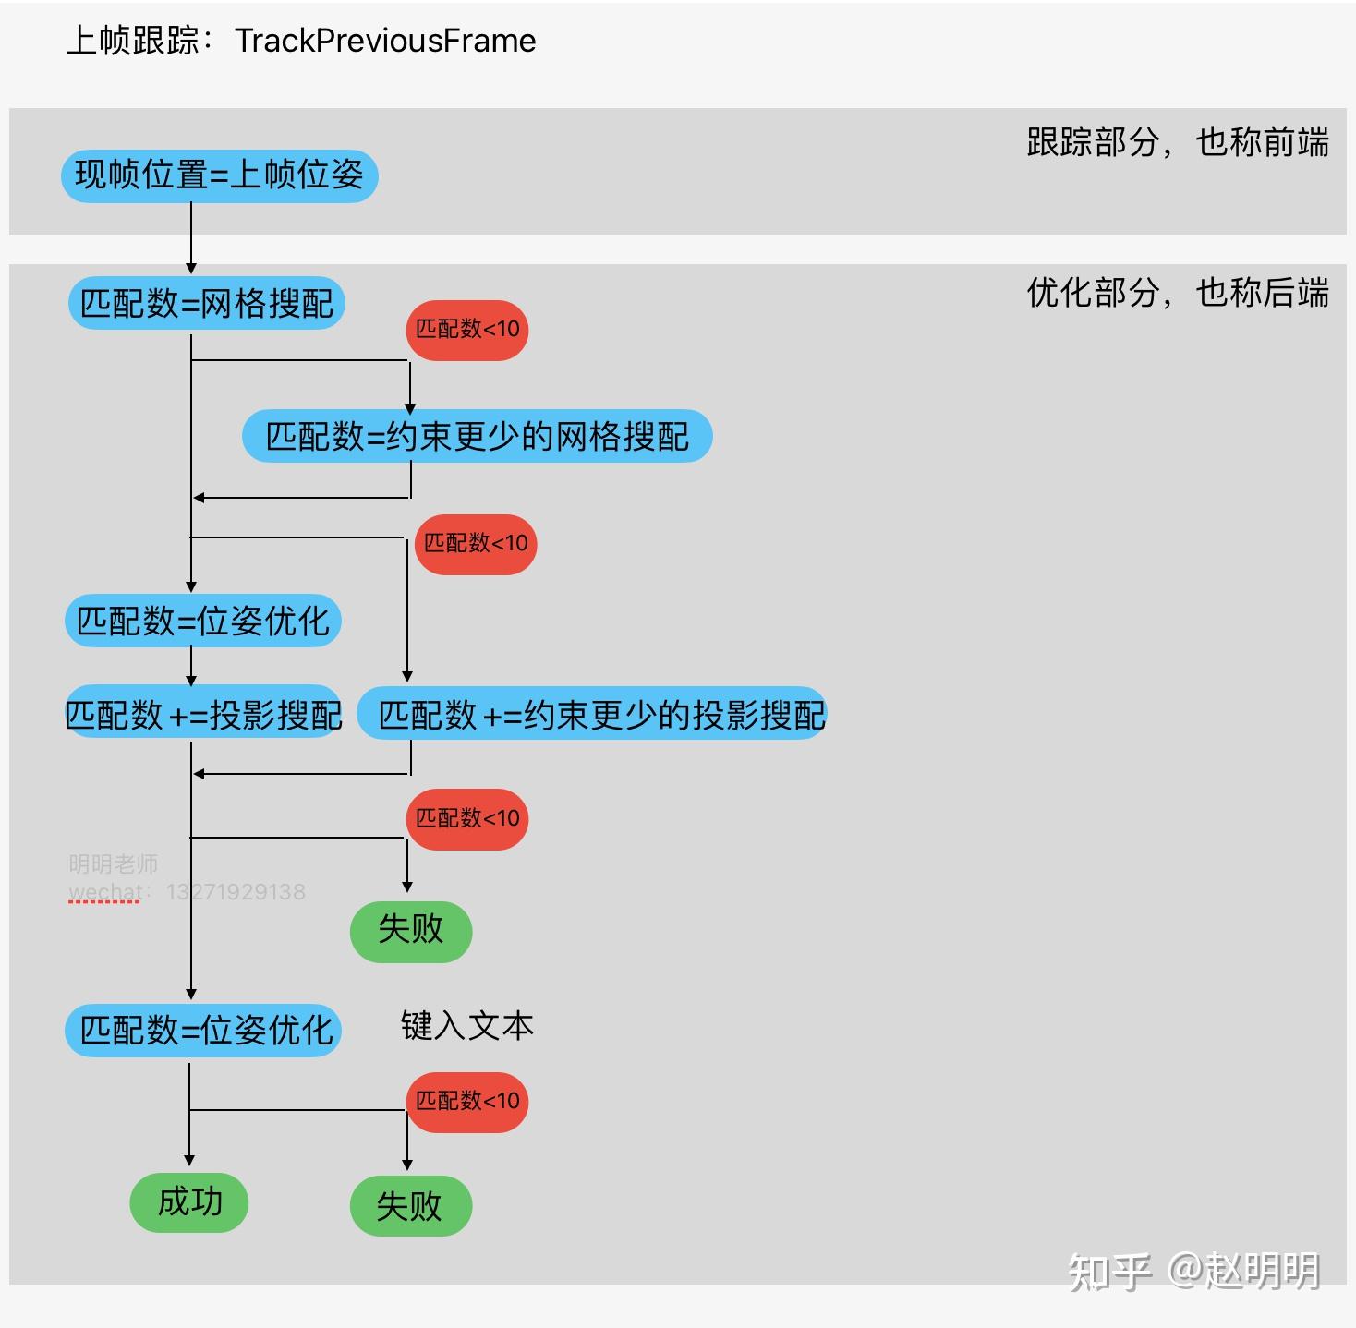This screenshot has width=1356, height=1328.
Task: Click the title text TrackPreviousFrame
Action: pos(384,41)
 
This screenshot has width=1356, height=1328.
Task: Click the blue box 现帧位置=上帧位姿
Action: pos(219,175)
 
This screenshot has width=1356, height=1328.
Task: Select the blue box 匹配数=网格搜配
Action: pos(206,303)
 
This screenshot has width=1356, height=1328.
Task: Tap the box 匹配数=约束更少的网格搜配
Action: pos(477,436)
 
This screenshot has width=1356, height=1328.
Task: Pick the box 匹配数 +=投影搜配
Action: pos(203,714)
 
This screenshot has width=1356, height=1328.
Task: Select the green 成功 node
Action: pos(189,1202)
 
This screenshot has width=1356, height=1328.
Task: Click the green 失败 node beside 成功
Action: pos(410,1206)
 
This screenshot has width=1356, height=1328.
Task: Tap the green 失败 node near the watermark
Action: pos(410,931)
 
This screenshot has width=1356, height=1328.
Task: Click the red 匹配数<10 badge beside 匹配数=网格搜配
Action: pos(467,330)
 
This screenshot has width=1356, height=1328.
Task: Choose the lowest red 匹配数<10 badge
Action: pos(467,1102)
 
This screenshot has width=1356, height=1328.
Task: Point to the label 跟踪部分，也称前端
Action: pos(1177,142)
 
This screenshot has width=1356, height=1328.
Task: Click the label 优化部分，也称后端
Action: pos(1177,293)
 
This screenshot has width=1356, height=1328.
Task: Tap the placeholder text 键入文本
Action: pos(466,1026)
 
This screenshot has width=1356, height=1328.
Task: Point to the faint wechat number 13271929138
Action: pos(236,892)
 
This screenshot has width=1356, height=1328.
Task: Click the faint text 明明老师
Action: pos(113,864)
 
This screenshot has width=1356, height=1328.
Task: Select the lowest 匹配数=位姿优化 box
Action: pos(203,1030)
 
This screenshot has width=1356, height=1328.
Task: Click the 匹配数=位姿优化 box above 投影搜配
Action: pos(203,621)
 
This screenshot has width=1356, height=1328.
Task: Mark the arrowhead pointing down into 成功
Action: pos(189,1161)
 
